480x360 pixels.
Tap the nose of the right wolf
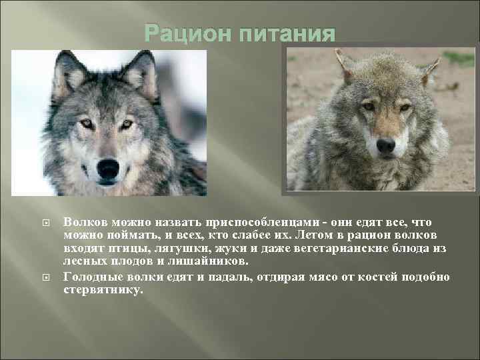385,145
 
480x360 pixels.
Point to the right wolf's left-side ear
345,63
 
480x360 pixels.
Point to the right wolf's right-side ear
430,67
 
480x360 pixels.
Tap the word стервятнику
102,290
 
